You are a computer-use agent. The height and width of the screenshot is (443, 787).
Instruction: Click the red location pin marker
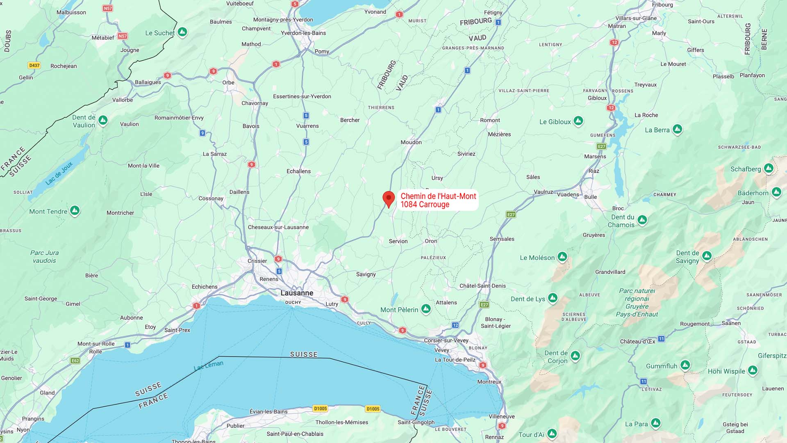[389, 199]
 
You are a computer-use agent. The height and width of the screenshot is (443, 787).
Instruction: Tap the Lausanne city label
[297, 293]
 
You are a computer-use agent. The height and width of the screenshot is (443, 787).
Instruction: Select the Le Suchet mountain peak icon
[182, 32]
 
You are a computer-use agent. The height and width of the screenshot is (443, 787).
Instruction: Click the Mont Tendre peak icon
[75, 211]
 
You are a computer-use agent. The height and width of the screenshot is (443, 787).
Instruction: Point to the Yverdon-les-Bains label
[303, 33]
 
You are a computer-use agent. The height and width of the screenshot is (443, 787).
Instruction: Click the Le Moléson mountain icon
[562, 257]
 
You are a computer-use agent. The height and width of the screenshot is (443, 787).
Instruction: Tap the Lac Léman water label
[209, 365]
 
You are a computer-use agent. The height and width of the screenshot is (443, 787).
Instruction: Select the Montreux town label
[489, 381]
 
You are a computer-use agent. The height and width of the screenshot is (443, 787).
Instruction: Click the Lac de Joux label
[59, 173]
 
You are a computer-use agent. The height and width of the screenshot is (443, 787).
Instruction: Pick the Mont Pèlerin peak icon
[426, 308]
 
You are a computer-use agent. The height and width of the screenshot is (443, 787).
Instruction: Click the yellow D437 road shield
[34, 65]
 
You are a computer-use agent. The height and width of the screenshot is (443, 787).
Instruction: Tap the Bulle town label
[590, 197]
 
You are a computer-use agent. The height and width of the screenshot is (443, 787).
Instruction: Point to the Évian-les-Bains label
[268, 411]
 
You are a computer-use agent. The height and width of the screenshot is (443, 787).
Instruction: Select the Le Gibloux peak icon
[578, 121]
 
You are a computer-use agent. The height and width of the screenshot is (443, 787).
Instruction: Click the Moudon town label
[411, 142]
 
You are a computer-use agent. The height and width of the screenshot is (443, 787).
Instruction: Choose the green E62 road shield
[75, 361]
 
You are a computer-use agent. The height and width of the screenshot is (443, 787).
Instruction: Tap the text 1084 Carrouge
[425, 205]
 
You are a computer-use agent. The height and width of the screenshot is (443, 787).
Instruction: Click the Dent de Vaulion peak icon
[103, 120]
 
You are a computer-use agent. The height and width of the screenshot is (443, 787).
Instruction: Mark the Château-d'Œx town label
[637, 341]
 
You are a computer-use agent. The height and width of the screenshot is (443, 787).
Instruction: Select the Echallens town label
[298, 171]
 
